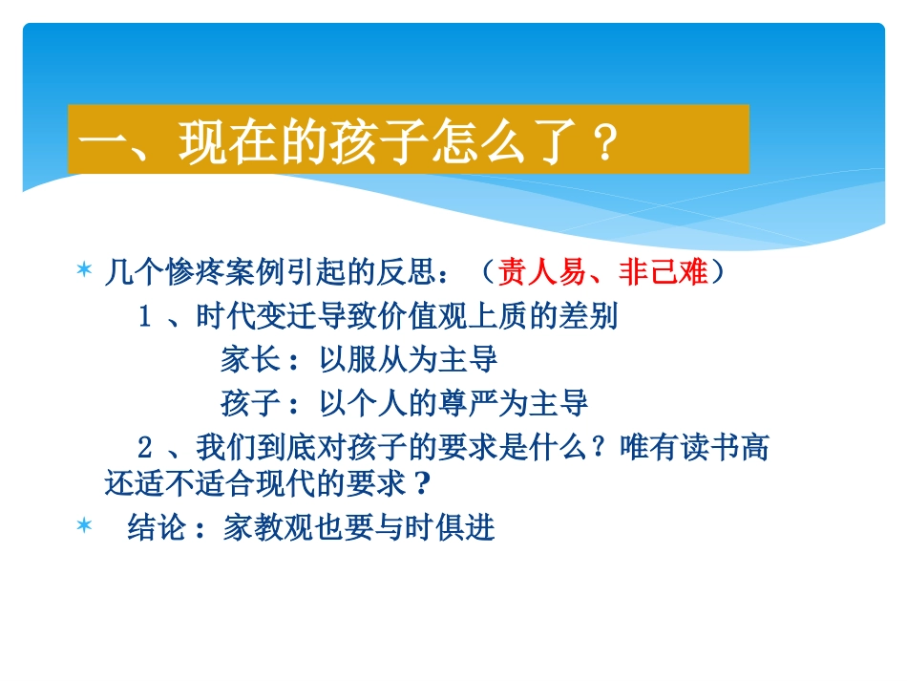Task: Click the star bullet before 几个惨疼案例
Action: [x=84, y=273]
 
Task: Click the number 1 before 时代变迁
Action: [x=146, y=316]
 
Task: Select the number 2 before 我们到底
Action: [x=146, y=446]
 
